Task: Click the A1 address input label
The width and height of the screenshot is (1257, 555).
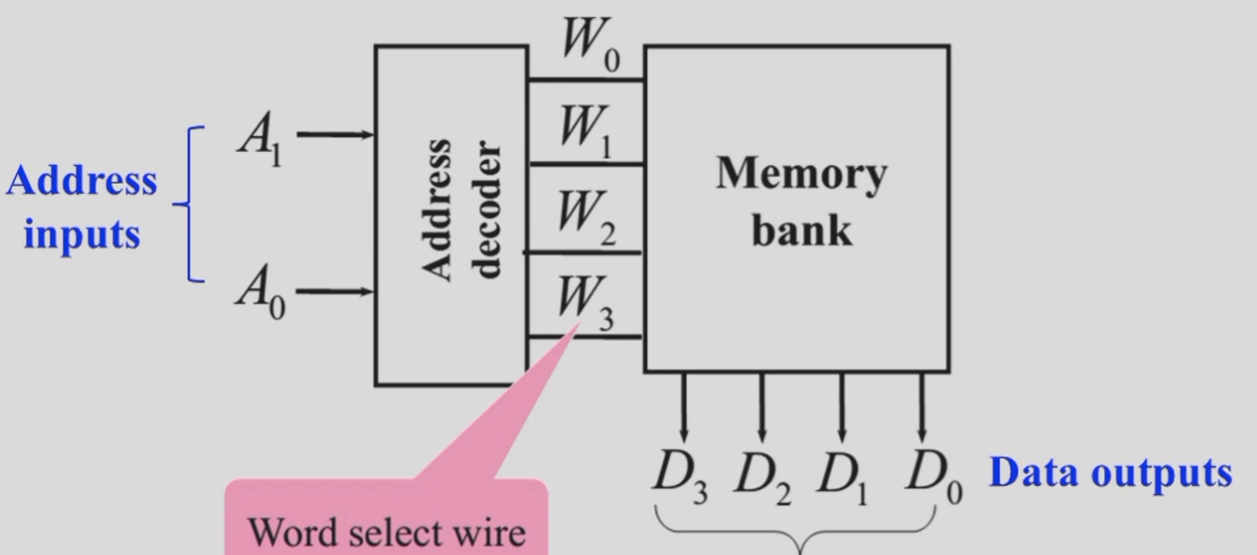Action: coord(260,138)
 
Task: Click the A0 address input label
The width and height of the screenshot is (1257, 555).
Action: coord(261,292)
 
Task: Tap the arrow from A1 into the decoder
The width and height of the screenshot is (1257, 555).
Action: coord(335,135)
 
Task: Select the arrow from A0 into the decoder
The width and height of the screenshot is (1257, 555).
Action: coord(335,292)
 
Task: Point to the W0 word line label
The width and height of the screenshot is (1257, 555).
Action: coord(591,44)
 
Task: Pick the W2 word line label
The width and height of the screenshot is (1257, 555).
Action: coord(587,217)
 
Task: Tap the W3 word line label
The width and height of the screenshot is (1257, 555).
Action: coord(586,303)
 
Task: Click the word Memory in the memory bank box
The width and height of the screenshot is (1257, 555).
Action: coord(801,175)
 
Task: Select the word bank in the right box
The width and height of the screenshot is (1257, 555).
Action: coord(802,230)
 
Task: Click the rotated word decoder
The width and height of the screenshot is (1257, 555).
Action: coord(486,210)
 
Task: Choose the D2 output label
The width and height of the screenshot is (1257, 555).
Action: coord(763,479)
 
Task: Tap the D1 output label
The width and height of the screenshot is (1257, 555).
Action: coord(843,479)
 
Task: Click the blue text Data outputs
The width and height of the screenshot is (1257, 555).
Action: coord(1111,474)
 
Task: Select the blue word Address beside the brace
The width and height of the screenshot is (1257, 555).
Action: coord(82,180)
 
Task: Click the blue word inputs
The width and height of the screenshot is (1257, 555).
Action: coord(82,234)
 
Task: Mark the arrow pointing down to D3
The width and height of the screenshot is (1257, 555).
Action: coord(683,408)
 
